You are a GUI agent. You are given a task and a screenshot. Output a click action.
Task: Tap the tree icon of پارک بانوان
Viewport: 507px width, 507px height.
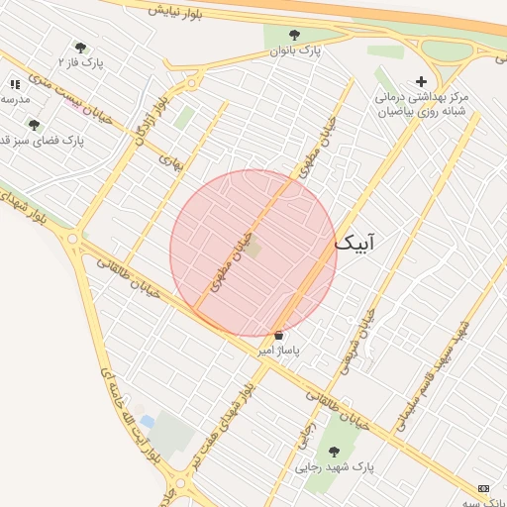point(293,35)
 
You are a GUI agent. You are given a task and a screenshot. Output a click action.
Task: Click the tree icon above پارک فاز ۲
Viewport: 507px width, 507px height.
point(80,47)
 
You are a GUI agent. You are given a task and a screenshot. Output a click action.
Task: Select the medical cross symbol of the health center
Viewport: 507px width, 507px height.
point(421,81)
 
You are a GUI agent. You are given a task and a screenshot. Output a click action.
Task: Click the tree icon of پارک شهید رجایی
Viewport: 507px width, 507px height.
point(334,452)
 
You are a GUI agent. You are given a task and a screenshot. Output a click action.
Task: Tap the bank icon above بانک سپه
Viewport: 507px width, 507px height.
point(483,488)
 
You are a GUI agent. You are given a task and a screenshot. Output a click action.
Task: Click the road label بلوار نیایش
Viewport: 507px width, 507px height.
point(177,11)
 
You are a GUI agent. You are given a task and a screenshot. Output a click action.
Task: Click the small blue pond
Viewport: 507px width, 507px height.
point(148,422)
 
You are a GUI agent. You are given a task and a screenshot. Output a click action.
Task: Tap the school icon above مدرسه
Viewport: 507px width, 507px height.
point(14,84)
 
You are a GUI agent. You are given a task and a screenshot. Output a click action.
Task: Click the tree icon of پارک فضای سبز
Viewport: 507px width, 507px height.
point(35,125)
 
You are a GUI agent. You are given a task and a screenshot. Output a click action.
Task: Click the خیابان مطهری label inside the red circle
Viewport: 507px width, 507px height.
point(229,259)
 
